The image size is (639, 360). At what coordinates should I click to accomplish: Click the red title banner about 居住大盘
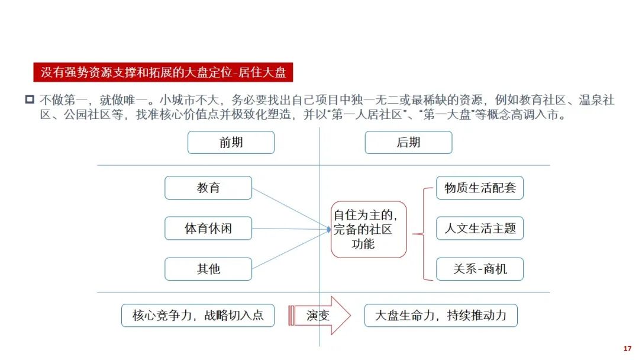163,72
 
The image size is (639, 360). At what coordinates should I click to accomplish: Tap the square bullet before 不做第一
30,99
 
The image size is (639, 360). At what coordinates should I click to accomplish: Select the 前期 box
231,142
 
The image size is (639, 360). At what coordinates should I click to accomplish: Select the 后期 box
408,142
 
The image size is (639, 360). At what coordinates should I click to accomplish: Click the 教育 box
208,188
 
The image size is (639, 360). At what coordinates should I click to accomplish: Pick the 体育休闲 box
208,229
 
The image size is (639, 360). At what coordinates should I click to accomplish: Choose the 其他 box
208,269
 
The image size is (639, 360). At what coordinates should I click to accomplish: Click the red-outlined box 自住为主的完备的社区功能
369,229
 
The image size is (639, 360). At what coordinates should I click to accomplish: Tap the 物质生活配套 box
480,188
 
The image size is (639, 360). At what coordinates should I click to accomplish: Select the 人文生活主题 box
480,229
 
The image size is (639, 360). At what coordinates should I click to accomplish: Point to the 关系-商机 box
480,269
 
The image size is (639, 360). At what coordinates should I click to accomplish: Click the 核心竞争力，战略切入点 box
198,315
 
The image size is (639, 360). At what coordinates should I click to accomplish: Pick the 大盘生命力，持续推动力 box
441,315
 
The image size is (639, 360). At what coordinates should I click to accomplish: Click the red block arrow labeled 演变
319,316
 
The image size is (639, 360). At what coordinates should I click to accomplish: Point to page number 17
627,349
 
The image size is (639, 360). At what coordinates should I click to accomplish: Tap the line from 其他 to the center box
290,249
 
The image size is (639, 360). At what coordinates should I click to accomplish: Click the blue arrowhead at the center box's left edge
329,230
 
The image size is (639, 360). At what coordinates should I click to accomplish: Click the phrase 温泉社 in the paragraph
596,100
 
